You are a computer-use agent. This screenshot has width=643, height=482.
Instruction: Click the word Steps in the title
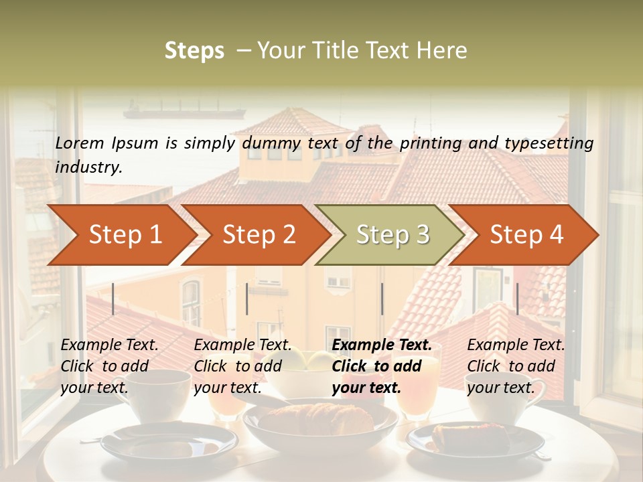point(194,51)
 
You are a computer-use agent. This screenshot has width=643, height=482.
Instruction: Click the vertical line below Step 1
point(113,299)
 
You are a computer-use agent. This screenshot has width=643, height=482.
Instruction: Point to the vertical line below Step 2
point(247,299)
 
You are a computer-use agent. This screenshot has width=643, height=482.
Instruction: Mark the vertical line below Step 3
point(382,299)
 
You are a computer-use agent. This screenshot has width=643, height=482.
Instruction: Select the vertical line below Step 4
point(517,299)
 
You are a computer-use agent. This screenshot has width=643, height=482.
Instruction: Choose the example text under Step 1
point(109,366)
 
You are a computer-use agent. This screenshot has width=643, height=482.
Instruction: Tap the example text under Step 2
point(242,366)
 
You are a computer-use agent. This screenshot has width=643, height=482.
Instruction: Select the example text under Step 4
point(516,366)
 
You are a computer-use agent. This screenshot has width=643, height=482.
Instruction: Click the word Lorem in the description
point(80,143)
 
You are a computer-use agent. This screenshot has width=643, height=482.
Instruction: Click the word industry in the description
point(88,167)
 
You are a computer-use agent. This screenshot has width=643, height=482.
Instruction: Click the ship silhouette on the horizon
point(184,110)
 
